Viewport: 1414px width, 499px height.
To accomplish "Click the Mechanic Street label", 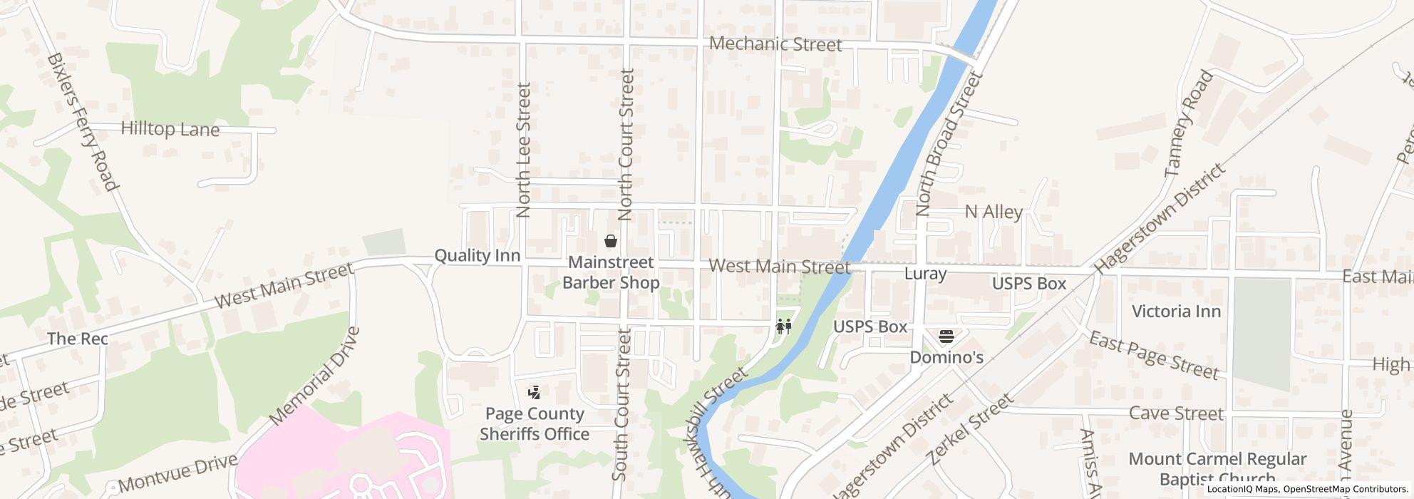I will coord(775,44).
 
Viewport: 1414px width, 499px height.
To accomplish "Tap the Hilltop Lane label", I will coord(170,129).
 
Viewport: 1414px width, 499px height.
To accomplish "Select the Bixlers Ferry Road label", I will coord(81,122).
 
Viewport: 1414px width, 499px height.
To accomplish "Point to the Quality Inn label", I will coord(477,255).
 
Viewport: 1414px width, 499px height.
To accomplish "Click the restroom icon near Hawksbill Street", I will coord(784,326).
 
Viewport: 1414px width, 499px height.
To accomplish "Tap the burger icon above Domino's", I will coord(946,335).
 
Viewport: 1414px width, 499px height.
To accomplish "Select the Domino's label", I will coord(946,356).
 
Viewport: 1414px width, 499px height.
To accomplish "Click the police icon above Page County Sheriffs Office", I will coord(535,391).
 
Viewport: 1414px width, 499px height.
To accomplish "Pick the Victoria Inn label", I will coord(1176,311).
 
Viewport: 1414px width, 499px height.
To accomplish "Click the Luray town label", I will coord(925,274).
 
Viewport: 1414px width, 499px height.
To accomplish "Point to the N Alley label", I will coord(993,211).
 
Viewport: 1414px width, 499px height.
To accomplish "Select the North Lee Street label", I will coord(524,150).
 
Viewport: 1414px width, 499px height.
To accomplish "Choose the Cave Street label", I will coord(1176,413).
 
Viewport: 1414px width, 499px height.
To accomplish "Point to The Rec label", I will coord(77,339).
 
